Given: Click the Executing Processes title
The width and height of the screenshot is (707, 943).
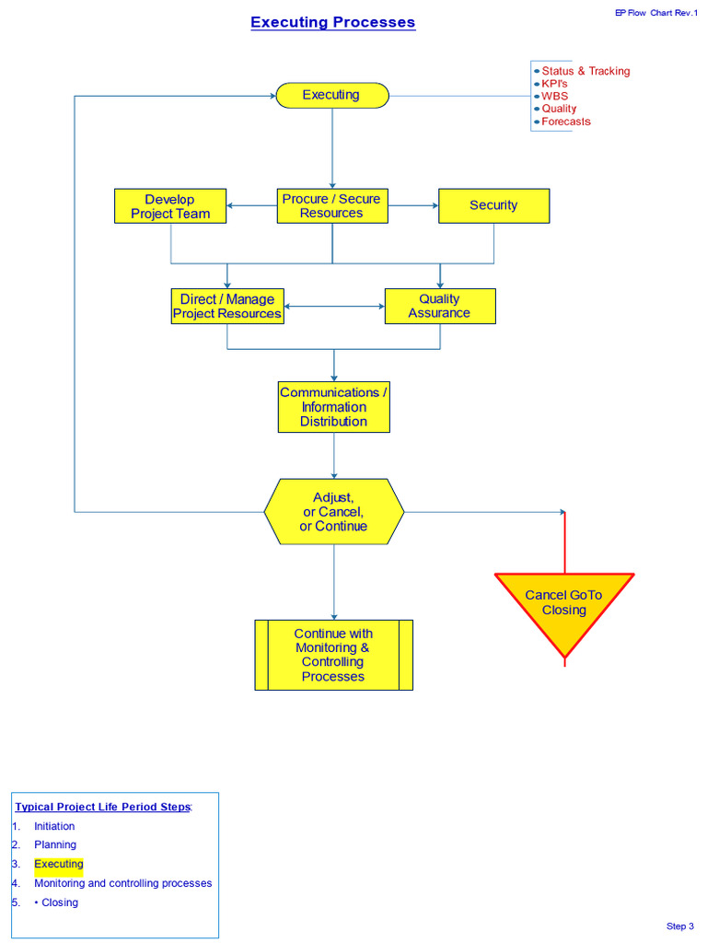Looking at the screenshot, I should (x=332, y=22).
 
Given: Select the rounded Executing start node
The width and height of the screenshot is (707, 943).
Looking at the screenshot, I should (x=332, y=95).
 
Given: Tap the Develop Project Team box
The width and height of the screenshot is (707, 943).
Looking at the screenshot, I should (x=170, y=206).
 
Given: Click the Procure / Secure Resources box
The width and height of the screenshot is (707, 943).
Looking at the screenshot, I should (x=332, y=206).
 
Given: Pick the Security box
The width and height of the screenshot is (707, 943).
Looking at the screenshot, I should (x=493, y=205).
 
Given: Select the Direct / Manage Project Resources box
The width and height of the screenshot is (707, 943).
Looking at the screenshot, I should (x=227, y=306).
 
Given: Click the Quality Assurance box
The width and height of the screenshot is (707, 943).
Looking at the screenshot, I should (x=439, y=306).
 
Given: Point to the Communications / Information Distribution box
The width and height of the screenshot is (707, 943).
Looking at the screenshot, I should (x=333, y=407).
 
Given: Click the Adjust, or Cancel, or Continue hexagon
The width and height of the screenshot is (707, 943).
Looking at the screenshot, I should (x=333, y=511).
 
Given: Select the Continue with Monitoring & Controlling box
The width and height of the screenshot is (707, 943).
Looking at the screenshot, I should (x=333, y=655).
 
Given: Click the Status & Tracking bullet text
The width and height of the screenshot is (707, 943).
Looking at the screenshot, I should (x=585, y=71).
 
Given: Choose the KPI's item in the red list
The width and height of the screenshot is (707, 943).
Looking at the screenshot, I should (x=554, y=84).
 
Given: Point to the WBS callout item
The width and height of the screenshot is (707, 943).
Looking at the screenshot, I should (x=554, y=96).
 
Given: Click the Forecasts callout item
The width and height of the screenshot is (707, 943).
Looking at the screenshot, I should (x=565, y=122).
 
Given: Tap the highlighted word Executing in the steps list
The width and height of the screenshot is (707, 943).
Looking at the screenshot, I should (x=59, y=864).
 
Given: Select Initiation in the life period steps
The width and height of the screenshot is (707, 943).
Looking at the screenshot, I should (x=54, y=826).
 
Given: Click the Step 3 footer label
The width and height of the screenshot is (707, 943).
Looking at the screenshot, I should (x=679, y=926).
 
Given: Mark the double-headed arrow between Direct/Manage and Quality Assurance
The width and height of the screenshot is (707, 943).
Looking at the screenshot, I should (x=333, y=306).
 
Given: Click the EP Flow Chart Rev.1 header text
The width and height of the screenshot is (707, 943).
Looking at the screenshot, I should (x=655, y=13).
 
